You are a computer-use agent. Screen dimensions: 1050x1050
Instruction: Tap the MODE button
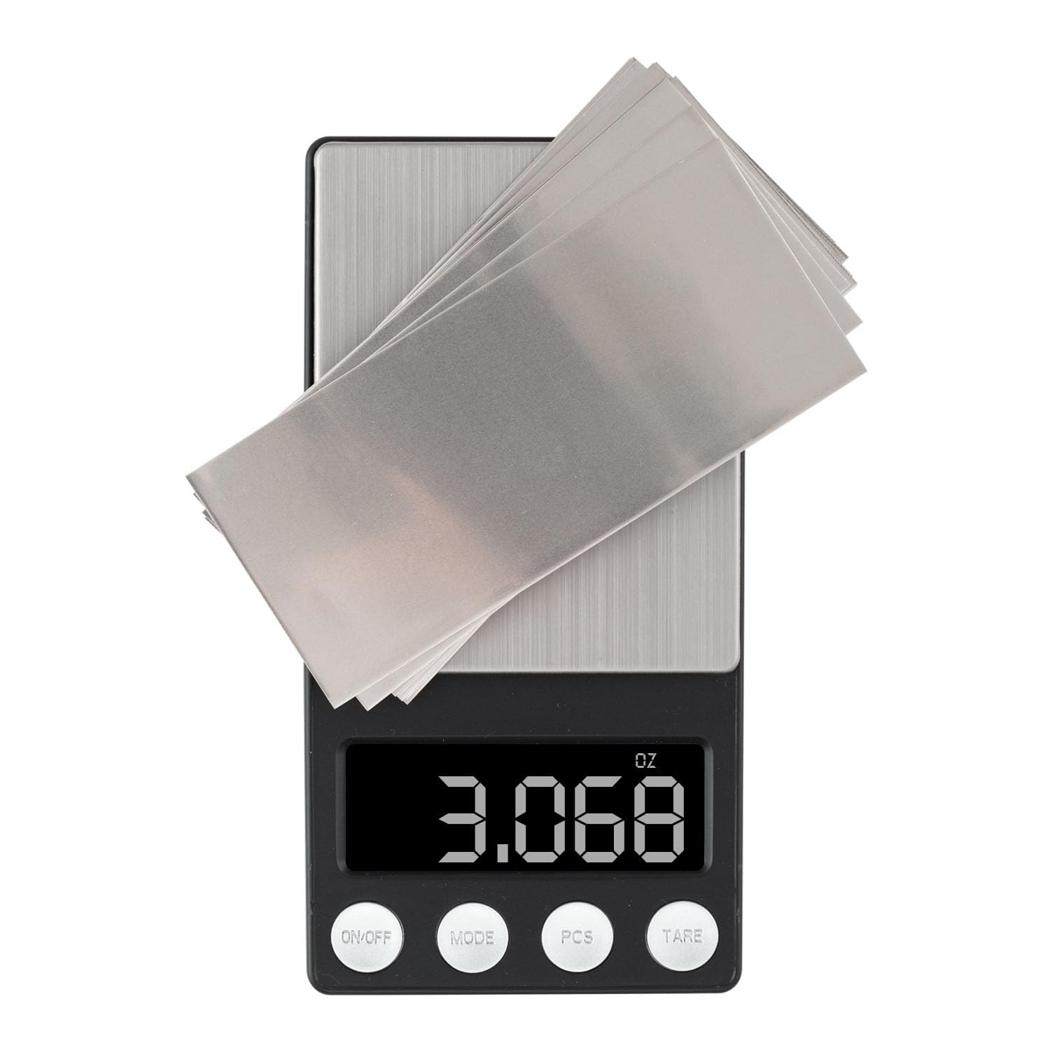(x=472, y=937)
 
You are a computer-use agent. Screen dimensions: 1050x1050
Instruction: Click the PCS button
(x=577, y=937)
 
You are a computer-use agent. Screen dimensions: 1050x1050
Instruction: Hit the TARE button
(x=682, y=937)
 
